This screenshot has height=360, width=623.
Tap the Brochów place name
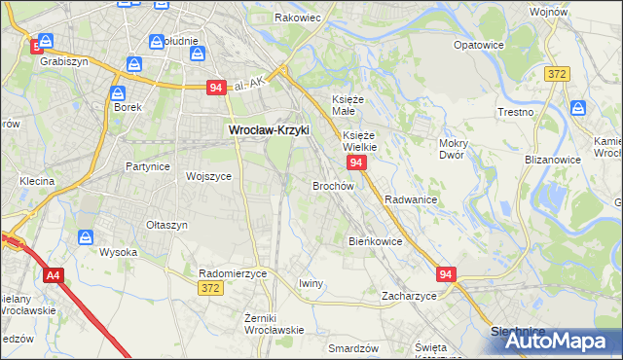332,185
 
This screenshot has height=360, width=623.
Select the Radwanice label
410,198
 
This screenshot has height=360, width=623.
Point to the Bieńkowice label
375,241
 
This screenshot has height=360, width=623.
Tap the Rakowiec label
298,18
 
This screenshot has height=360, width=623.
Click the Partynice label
148,166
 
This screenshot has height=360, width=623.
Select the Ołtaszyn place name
166,225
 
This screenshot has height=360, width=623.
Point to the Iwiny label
310,283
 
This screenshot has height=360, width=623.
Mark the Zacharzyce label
409,295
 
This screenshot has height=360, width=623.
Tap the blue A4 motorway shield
53,276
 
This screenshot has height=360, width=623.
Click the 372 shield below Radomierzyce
209,289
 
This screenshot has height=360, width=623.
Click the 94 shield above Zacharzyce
446,275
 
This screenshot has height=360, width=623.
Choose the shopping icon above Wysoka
86,236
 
